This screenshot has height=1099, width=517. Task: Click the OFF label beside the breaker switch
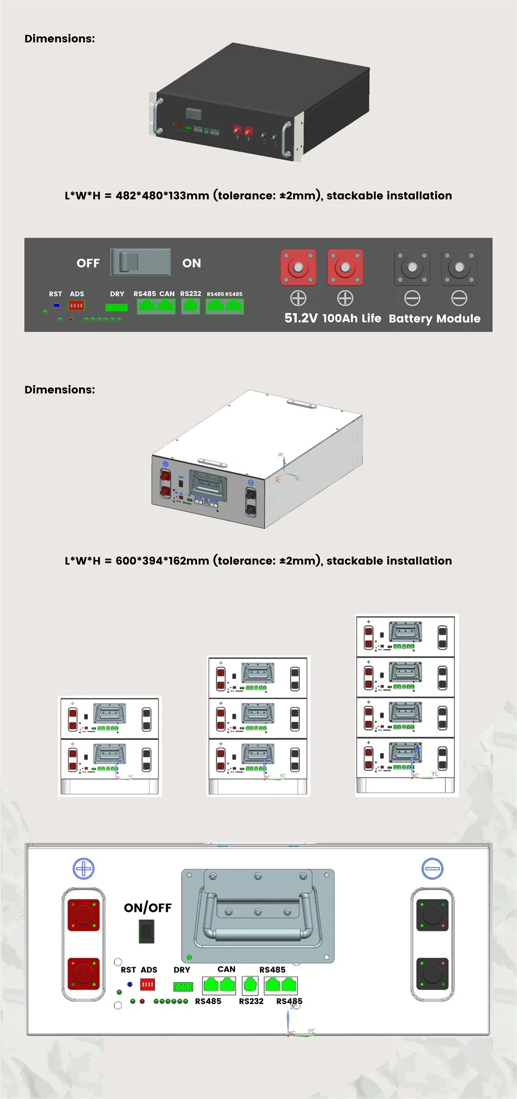click(88, 263)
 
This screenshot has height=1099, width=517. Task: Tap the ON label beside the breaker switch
click(191, 263)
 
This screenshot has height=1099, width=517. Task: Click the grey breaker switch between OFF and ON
click(141, 262)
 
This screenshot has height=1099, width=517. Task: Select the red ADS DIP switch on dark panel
click(77, 306)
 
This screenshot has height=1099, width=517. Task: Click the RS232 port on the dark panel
click(190, 307)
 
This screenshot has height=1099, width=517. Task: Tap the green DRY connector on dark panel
click(116, 307)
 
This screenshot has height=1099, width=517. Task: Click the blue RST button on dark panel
click(56, 306)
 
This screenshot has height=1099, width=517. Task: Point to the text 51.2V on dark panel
click(301, 318)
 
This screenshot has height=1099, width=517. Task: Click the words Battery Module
click(434, 318)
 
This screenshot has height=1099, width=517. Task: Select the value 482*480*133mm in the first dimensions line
click(162, 195)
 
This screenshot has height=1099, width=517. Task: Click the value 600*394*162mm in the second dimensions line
click(162, 561)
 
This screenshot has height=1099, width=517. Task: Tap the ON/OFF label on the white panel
click(147, 908)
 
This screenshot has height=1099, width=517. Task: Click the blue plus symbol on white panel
click(84, 868)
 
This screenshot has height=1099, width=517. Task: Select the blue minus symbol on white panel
click(432, 868)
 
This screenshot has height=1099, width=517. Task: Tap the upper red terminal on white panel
click(84, 915)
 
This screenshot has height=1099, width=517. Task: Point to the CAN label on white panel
click(226, 969)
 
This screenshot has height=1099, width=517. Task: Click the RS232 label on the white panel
click(251, 1001)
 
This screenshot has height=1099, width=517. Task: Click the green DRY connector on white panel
click(183, 987)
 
